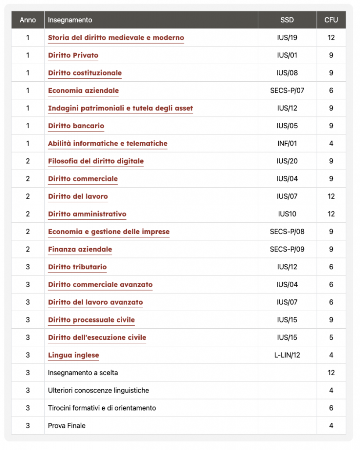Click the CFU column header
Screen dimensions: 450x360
click(x=331, y=20)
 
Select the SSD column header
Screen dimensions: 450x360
click(x=287, y=20)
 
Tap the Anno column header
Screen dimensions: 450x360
click(x=28, y=20)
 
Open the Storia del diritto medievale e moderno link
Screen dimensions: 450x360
click(x=116, y=38)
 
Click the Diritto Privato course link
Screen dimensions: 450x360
click(x=73, y=55)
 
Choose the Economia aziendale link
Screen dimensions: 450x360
click(x=83, y=91)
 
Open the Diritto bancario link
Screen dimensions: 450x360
click(x=76, y=126)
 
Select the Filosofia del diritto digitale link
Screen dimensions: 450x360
click(x=96, y=161)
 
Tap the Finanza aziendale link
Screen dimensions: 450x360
click(x=80, y=250)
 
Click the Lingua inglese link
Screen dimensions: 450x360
click(x=73, y=355)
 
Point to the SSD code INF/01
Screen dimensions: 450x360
click(x=287, y=144)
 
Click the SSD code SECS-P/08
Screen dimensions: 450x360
click(x=287, y=232)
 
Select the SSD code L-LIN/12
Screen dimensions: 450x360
click(x=287, y=355)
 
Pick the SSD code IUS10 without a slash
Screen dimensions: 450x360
click(x=287, y=214)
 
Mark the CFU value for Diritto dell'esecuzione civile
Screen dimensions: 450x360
click(x=331, y=337)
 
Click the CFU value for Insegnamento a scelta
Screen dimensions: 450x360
click(x=331, y=373)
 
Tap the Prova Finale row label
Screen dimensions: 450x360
click(x=67, y=425)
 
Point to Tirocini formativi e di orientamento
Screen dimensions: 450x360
click(x=102, y=408)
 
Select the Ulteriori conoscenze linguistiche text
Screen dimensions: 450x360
click(x=98, y=390)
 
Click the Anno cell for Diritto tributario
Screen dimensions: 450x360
click(x=28, y=267)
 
